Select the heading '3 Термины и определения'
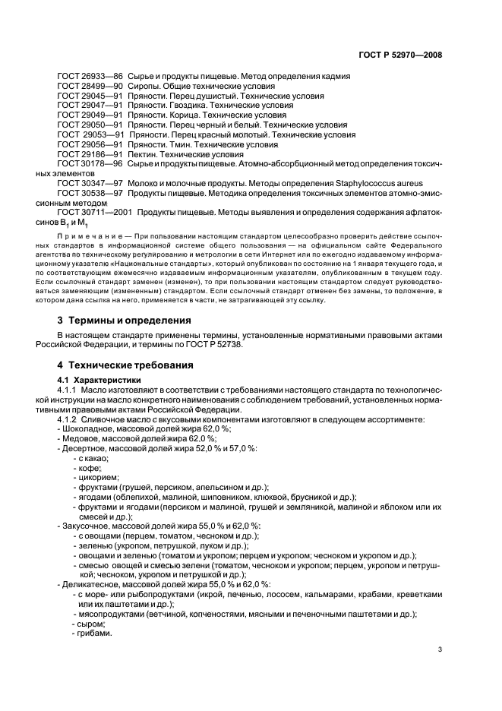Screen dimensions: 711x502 point(125,320)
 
